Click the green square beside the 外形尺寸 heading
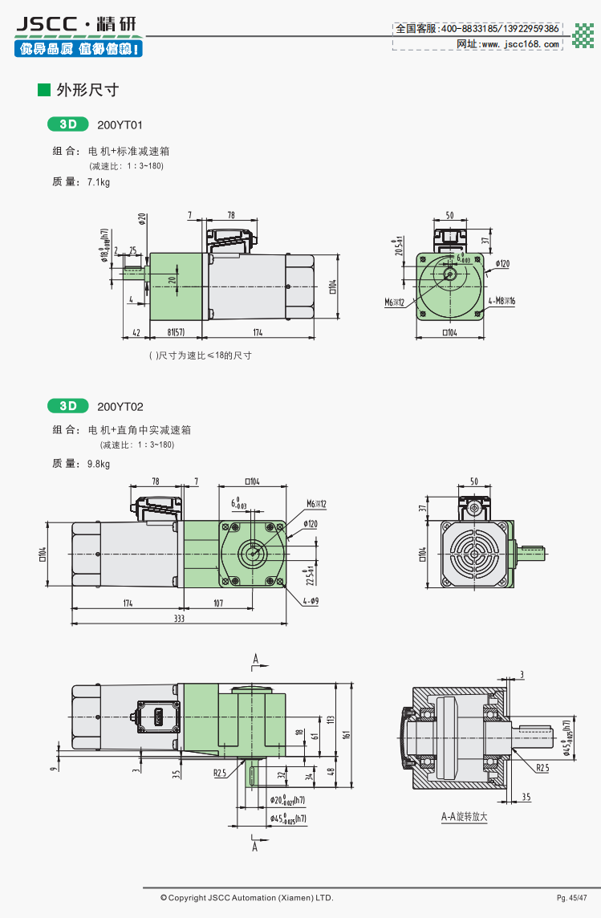[x=44, y=90]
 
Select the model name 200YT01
[x=120, y=125]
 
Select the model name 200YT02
[x=120, y=407]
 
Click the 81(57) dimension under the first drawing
[x=177, y=332]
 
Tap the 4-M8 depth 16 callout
[x=502, y=301]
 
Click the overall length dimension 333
[x=178, y=619]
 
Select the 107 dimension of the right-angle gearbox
[x=218, y=603]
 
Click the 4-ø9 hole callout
[x=311, y=600]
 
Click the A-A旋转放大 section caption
[x=464, y=818]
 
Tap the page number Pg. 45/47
[x=572, y=897]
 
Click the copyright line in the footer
[x=246, y=897]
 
